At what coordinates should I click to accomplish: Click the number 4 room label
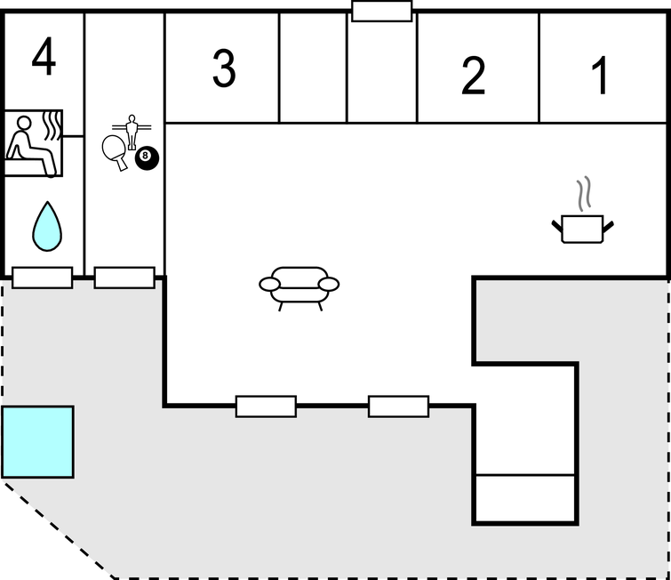pos(44,59)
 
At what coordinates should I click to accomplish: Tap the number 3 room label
pos(224,68)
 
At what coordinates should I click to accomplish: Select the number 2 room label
pos(474,77)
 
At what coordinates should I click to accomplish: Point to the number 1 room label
pos(602,77)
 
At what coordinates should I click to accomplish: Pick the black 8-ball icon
pos(147,159)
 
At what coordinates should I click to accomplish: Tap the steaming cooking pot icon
pos(583,227)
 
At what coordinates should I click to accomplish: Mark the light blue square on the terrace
pos(37,441)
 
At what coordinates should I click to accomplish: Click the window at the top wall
pos(382,12)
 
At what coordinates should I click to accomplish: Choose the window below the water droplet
pos(43,278)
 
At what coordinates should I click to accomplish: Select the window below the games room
pos(124,278)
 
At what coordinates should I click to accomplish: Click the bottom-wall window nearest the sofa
pos(266,407)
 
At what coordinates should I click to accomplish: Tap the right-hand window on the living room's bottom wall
pos(398,407)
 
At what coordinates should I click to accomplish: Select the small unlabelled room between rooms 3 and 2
pos(313,68)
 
